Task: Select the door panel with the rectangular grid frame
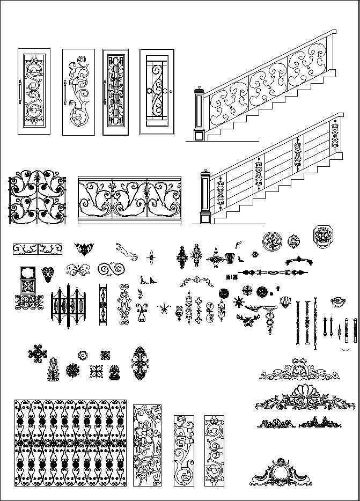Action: coord(157,92)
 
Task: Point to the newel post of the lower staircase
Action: coord(204,197)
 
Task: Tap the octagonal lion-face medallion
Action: coord(324,237)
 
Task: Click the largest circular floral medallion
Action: coord(272,241)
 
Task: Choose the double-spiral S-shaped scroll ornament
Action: coord(111,269)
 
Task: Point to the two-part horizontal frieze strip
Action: coord(38,248)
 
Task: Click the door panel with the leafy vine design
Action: coord(78,92)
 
